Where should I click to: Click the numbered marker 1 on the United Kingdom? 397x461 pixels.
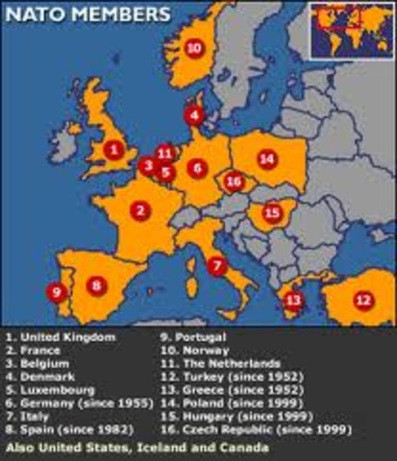pyautogui.click(x=114, y=149)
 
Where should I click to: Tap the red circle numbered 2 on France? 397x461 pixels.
pyautogui.click(x=140, y=209)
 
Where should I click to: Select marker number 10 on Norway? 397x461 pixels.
pyautogui.click(x=193, y=47)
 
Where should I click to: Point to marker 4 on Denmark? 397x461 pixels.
pyautogui.click(x=195, y=116)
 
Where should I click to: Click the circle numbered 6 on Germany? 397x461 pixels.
pyautogui.click(x=197, y=168)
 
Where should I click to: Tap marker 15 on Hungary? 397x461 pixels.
pyautogui.click(x=272, y=212)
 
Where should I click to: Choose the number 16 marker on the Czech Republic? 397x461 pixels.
pyautogui.click(x=234, y=181)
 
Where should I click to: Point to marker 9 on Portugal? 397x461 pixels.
pyautogui.click(x=57, y=291)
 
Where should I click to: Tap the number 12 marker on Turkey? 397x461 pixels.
pyautogui.click(x=362, y=300)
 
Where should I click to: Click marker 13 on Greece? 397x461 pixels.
pyautogui.click(x=293, y=302)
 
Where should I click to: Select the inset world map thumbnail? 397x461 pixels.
pyautogui.click(x=351, y=30)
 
